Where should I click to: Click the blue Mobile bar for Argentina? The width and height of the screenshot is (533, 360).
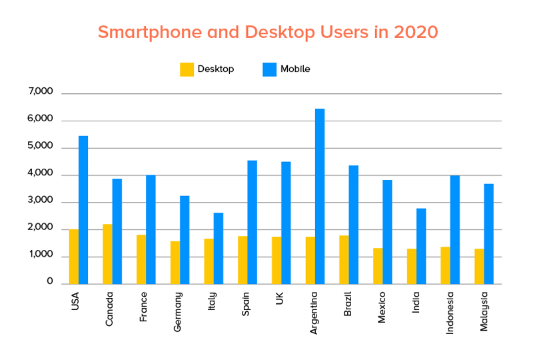(x=320, y=196)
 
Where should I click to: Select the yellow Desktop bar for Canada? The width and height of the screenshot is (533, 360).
(x=107, y=254)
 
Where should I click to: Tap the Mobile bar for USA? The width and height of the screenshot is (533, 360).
(x=83, y=209)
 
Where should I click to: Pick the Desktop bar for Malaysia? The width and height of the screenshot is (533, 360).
(x=479, y=266)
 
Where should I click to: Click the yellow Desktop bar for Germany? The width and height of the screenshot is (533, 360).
(x=175, y=262)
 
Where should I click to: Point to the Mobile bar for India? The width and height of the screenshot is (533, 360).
(x=421, y=246)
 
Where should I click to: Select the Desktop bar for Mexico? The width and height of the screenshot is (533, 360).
(x=378, y=266)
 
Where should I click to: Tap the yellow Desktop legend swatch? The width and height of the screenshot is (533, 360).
(x=187, y=69)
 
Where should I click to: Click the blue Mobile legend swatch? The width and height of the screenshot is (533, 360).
(x=269, y=69)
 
